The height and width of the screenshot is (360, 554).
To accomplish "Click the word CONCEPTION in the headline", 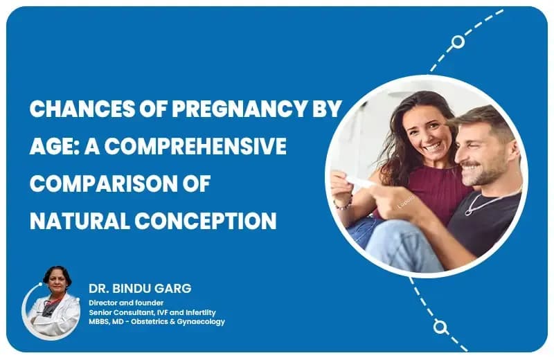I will tap(205, 221).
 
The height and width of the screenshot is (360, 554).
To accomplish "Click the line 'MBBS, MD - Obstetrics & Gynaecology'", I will tap(157, 322).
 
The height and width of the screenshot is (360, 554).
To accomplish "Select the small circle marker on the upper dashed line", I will tap(458, 42).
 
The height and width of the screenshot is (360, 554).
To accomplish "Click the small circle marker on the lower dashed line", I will tap(440, 325).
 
